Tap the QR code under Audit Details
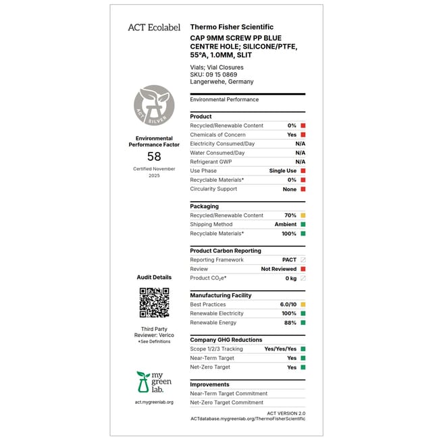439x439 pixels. (154, 303)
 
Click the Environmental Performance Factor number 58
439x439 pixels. (154, 157)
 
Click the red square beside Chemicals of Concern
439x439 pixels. (303, 134)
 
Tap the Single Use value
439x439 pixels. (282, 171)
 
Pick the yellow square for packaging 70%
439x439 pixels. (303, 215)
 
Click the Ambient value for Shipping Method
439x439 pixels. (285, 224)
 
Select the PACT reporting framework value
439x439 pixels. (289, 259)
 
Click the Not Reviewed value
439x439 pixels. (279, 269)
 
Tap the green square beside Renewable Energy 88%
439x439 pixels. (303, 323)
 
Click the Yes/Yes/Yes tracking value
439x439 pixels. (280, 349)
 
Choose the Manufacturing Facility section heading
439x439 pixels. (220, 295)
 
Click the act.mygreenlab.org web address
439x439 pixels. (154, 403)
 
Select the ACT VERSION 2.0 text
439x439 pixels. (286, 413)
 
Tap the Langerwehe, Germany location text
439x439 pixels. (222, 82)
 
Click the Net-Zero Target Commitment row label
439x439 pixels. (226, 403)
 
